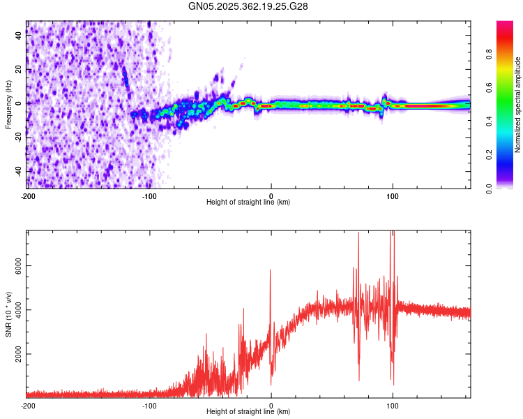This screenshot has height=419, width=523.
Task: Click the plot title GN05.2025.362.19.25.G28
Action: [248, 6]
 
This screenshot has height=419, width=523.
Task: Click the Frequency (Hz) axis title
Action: [8, 104]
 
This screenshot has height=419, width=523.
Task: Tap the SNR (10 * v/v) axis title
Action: [8, 314]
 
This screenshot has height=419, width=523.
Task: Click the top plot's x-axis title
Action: [248, 202]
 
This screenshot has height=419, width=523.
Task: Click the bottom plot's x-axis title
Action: [248, 411]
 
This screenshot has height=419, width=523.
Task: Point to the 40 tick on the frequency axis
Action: [18, 36]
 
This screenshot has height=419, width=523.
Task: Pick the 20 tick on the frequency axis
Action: [18, 70]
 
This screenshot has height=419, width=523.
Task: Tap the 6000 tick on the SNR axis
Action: [18, 266]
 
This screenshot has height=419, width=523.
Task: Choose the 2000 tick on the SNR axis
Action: [18, 354]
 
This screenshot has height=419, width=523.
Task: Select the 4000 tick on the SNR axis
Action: [18, 310]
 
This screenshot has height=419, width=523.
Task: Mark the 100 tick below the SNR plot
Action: [393, 404]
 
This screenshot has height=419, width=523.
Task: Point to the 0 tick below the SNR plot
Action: [271, 404]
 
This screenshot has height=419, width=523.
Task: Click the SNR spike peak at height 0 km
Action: [271, 270]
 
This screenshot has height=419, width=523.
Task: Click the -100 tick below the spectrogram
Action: [149, 195]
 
